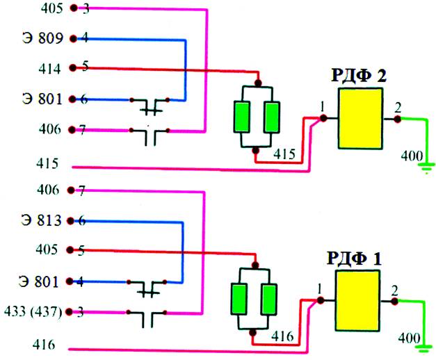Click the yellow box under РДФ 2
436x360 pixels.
click(x=360, y=118)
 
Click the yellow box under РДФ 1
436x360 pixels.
click(x=357, y=300)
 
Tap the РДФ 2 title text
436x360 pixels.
click(x=359, y=75)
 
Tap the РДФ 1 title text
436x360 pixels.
click(x=354, y=258)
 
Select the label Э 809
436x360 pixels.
click(x=43, y=38)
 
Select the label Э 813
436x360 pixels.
click(x=41, y=220)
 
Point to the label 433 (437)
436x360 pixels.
click(x=33, y=311)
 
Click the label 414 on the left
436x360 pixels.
click(x=49, y=69)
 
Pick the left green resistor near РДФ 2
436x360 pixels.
click(x=241, y=117)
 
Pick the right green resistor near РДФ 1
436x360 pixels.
click(x=268, y=299)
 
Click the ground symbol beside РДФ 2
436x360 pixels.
click(x=427, y=168)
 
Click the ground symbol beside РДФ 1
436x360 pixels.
click(x=423, y=349)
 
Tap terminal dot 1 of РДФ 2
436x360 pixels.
click(x=323, y=118)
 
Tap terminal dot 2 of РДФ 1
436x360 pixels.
click(x=394, y=301)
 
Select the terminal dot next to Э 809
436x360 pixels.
click(x=74, y=39)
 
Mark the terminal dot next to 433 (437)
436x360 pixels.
click(x=69, y=312)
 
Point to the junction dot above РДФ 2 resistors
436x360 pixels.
click(x=258, y=83)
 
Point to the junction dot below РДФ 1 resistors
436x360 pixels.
click(x=252, y=333)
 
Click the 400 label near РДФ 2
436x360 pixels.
click(x=412, y=156)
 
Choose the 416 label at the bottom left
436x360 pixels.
click(x=44, y=345)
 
